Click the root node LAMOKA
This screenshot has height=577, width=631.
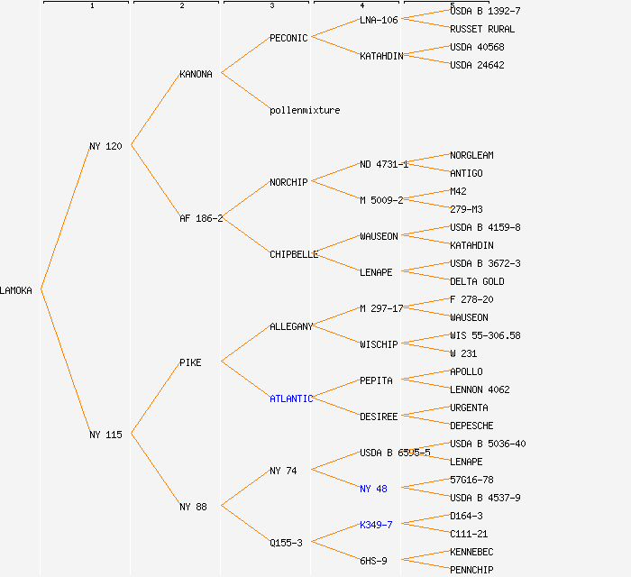click(16, 290)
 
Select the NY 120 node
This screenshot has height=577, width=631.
click(105, 146)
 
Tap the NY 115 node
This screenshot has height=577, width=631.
click(105, 435)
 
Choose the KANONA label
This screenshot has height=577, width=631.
click(196, 74)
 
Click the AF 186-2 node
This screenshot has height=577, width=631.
click(201, 218)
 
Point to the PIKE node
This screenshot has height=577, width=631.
click(190, 362)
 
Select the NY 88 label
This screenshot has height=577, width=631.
click(193, 507)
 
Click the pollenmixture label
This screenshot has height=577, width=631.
click(305, 110)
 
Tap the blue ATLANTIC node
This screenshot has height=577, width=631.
click(291, 398)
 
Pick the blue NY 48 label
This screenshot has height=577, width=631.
click(373, 489)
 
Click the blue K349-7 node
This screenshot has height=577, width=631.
click(376, 525)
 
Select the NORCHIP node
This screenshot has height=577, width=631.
click(288, 182)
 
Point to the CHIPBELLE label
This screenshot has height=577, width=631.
click(294, 254)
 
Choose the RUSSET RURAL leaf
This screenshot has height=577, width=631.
click(482, 29)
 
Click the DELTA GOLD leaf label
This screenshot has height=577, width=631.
click(477, 281)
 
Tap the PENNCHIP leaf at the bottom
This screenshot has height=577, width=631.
click(471, 570)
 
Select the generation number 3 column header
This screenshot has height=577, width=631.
click(271, 6)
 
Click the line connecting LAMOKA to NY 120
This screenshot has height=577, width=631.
click(64, 217)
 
